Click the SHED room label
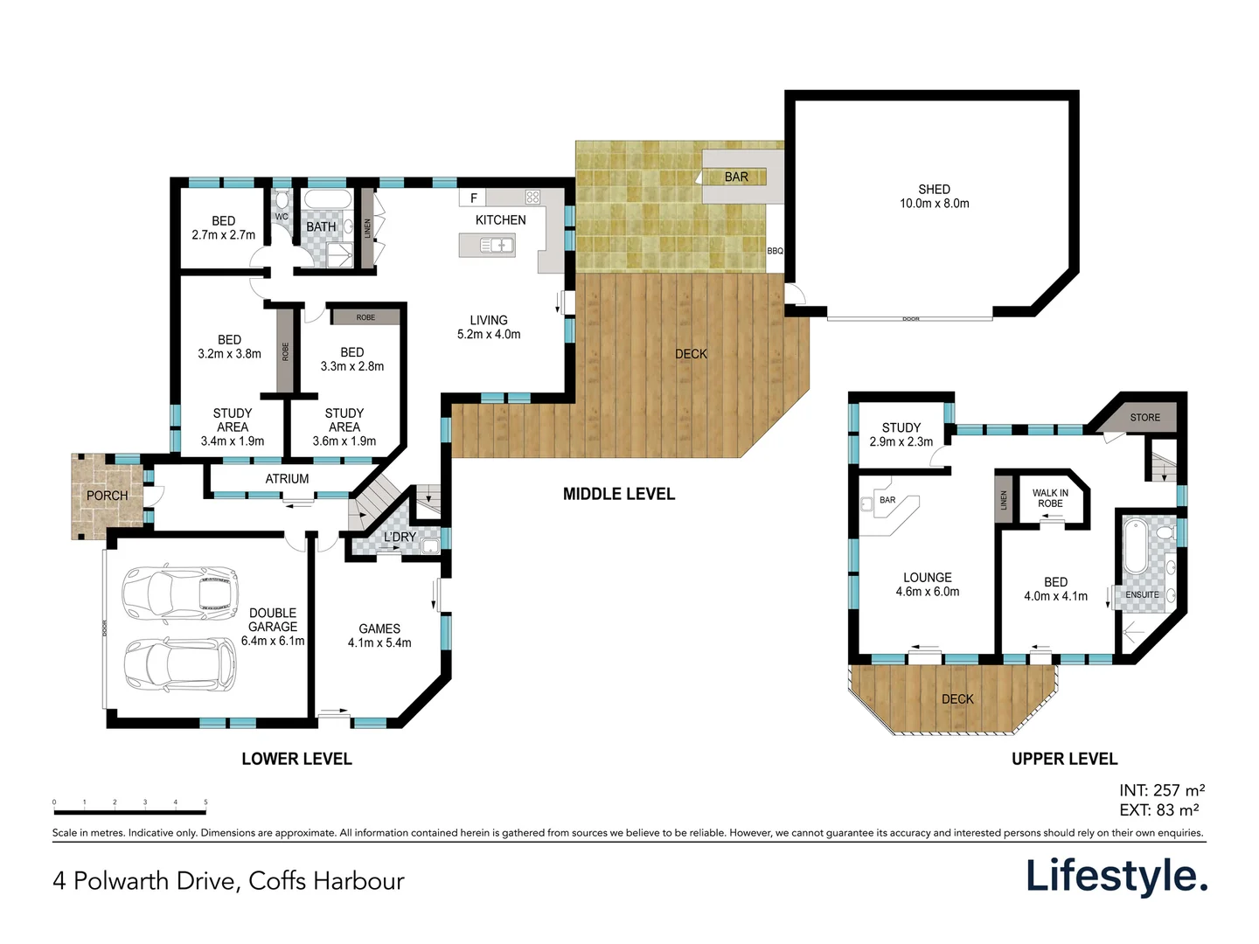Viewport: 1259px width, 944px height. tap(934, 190)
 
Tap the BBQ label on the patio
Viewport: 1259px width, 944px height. tap(775, 251)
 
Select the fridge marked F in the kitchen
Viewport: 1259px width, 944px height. tap(473, 198)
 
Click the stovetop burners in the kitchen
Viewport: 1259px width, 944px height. tap(532, 197)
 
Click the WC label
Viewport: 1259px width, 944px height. tap(282, 217)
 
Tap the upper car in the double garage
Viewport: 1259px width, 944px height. tap(180, 590)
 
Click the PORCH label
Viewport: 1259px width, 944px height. tap(107, 496)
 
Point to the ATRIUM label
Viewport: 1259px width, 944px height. tap(287, 479)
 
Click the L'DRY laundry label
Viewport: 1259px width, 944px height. tap(400, 537)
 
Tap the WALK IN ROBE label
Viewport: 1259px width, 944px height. tap(1050, 498)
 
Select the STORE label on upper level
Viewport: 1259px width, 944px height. tap(1144, 418)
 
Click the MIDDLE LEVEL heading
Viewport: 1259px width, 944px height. tap(618, 494)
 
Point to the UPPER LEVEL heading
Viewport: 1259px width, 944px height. tap(1064, 759)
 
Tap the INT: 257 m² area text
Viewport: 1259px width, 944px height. tap(1161, 790)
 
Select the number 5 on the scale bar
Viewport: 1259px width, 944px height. tap(205, 802)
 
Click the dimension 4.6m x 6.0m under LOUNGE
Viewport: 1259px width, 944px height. tap(927, 592)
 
